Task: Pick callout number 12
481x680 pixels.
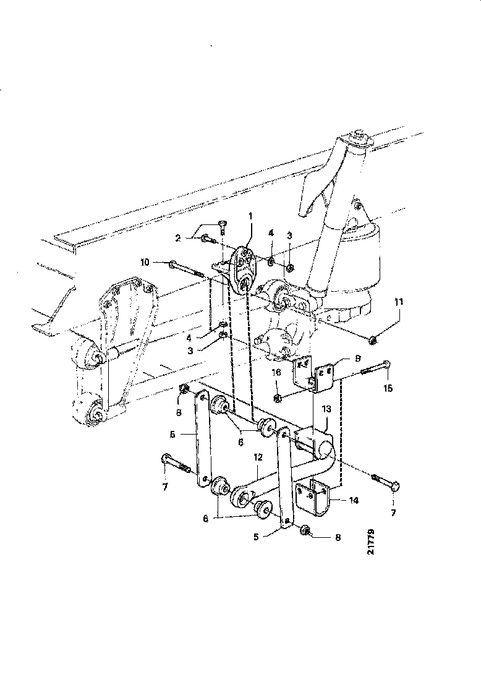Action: coord(258,457)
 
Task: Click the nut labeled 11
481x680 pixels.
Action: coord(373,339)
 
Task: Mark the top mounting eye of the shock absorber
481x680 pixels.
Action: coord(357,137)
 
